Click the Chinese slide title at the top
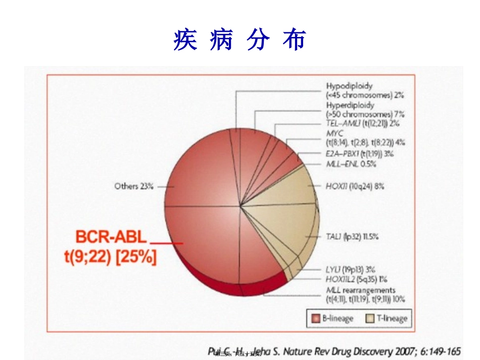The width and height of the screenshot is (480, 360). [239, 40]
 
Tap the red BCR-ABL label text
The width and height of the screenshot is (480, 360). [111, 237]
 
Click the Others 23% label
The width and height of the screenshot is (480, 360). [133, 186]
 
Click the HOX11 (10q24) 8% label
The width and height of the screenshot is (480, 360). [355, 186]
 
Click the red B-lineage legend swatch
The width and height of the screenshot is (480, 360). [316, 318]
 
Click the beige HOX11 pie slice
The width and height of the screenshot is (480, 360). [288, 187]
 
